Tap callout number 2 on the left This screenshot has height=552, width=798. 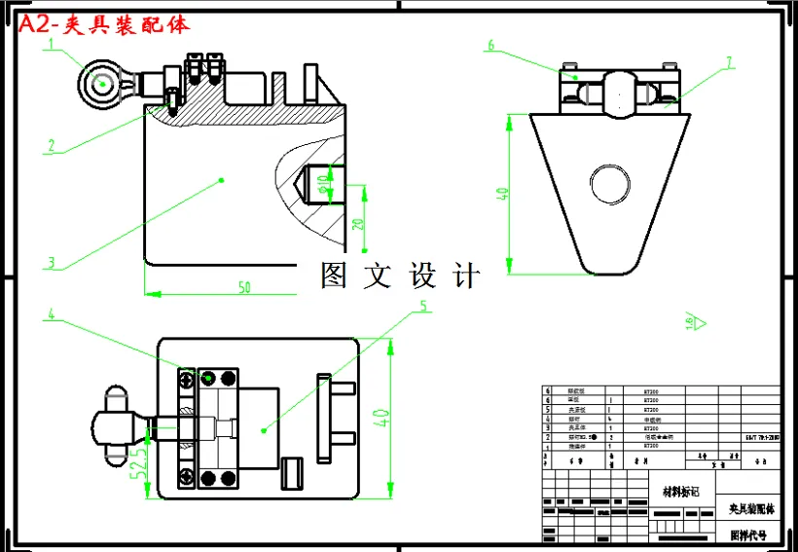click(x=51, y=146)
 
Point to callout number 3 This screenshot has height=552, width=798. click(x=52, y=262)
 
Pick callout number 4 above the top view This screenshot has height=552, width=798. click(x=52, y=315)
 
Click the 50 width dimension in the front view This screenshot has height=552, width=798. click(x=244, y=286)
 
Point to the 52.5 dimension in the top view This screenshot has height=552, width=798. click(x=142, y=454)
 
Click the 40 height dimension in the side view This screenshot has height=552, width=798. click(x=502, y=194)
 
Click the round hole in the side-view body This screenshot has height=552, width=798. click(x=610, y=183)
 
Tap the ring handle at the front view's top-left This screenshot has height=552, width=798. click(x=102, y=83)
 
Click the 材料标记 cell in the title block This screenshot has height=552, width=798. click(x=680, y=491)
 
